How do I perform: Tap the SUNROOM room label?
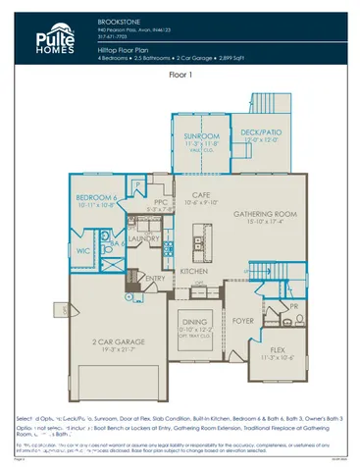197,136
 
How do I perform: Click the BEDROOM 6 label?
98,197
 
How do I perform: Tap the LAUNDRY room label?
144,238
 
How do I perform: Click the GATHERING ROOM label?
259,214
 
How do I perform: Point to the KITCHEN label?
193,270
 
